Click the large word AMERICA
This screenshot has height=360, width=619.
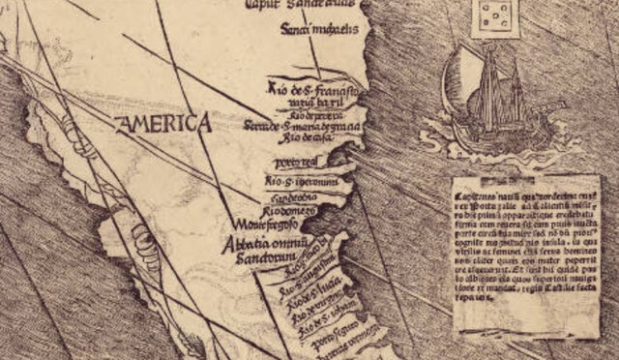pos(162,124)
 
